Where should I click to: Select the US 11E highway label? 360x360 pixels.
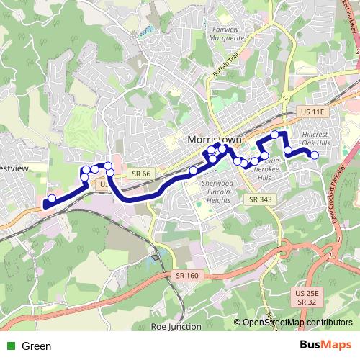click(x=312, y=112)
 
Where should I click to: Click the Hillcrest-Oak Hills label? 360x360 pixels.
click(x=325, y=139)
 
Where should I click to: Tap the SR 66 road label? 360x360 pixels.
click(x=141, y=174)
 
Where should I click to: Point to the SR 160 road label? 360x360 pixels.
click(x=186, y=275)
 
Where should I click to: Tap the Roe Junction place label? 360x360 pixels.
click(x=176, y=326)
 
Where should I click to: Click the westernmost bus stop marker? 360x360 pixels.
click(x=51, y=199)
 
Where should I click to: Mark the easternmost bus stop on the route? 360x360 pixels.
click(x=315, y=155)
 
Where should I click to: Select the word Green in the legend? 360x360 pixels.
click(x=37, y=346)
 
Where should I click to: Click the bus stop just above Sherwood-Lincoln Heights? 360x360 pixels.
click(x=193, y=171)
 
